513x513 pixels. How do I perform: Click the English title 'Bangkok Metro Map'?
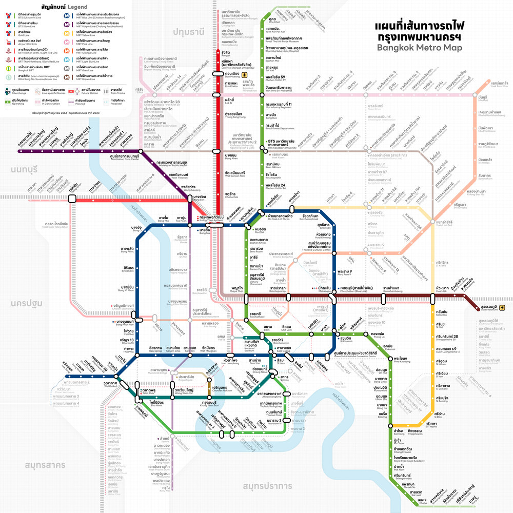click(x=419, y=48)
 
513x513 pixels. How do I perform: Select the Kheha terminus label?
click(x=422, y=499)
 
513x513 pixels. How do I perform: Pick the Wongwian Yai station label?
click(x=183, y=390)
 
